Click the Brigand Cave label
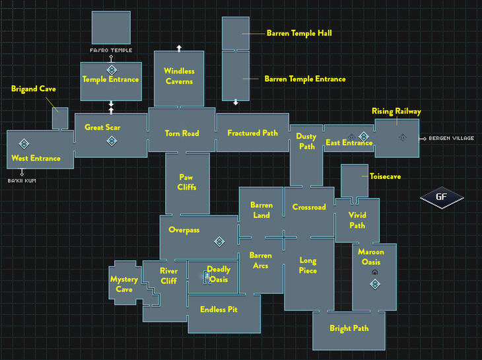click(x=33, y=88)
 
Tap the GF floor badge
click(x=442, y=197)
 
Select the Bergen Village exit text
click(x=451, y=138)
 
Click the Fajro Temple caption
click(x=111, y=50)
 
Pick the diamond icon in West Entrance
click(x=24, y=143)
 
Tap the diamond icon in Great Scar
click(x=112, y=141)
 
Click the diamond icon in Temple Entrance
click(x=112, y=69)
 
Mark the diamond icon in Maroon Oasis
click(x=375, y=284)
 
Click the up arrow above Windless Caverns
click(x=179, y=48)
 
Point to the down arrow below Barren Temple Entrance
click(x=236, y=102)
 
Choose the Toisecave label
click(x=385, y=176)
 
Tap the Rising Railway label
click(x=396, y=112)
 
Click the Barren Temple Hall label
click(x=298, y=32)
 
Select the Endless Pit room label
click(x=219, y=309)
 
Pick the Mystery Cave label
click(x=124, y=284)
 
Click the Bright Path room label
click(x=349, y=328)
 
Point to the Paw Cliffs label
click(x=186, y=182)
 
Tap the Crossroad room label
click(x=309, y=207)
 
